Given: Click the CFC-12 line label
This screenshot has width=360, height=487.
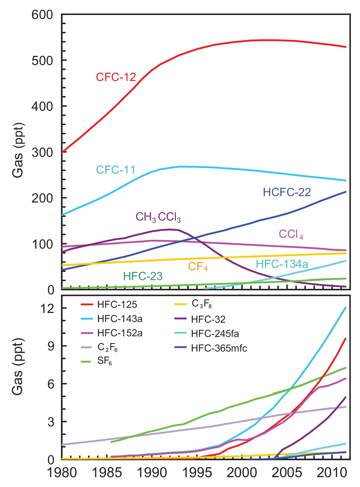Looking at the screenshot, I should (x=116, y=77).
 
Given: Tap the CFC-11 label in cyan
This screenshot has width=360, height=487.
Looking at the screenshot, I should (x=115, y=170).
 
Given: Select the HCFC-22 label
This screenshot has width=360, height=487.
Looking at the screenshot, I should (x=287, y=192).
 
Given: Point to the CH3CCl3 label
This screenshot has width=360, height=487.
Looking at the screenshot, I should (x=158, y=217).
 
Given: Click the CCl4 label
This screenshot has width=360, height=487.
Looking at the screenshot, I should (x=291, y=234).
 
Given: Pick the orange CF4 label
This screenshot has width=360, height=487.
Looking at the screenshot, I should (x=198, y=267).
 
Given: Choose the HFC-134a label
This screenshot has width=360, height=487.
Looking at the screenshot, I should (x=282, y=264).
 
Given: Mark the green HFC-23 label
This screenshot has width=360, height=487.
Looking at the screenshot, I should (x=143, y=276).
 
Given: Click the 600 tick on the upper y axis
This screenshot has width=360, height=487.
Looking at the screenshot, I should (x=42, y=15).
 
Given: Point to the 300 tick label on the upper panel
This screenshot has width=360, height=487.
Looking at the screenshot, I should (x=42, y=152).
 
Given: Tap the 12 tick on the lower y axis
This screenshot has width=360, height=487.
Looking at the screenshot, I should (x=47, y=308).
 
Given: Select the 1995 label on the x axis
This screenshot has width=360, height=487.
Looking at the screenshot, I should (x=197, y=473).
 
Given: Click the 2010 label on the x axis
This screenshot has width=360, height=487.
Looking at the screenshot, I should (x=332, y=473).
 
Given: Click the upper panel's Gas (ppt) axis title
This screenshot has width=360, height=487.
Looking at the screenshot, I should (x=18, y=150).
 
